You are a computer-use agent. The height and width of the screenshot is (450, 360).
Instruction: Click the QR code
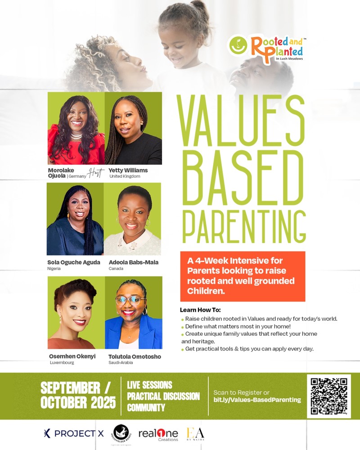329,396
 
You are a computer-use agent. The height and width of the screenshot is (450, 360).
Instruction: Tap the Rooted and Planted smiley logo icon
238,45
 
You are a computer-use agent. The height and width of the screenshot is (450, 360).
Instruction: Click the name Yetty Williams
128,171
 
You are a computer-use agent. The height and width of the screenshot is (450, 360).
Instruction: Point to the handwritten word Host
96,173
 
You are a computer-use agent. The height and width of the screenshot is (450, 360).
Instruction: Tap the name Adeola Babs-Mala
134,262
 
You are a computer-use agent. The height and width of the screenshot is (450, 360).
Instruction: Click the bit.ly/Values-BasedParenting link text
257,400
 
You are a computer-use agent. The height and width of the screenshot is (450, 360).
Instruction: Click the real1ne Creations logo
158,434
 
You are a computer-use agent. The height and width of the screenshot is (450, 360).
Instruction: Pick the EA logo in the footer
196,433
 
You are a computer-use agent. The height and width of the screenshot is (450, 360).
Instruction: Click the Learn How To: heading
200,310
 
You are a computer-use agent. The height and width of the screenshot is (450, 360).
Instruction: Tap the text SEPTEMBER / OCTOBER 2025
78,395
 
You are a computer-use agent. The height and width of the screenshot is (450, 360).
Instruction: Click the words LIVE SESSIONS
149,385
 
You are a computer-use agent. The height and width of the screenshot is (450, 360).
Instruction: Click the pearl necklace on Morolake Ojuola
76,135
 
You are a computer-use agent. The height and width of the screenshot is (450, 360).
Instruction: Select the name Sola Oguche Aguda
74,262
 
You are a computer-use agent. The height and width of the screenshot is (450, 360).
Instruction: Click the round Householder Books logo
121,433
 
